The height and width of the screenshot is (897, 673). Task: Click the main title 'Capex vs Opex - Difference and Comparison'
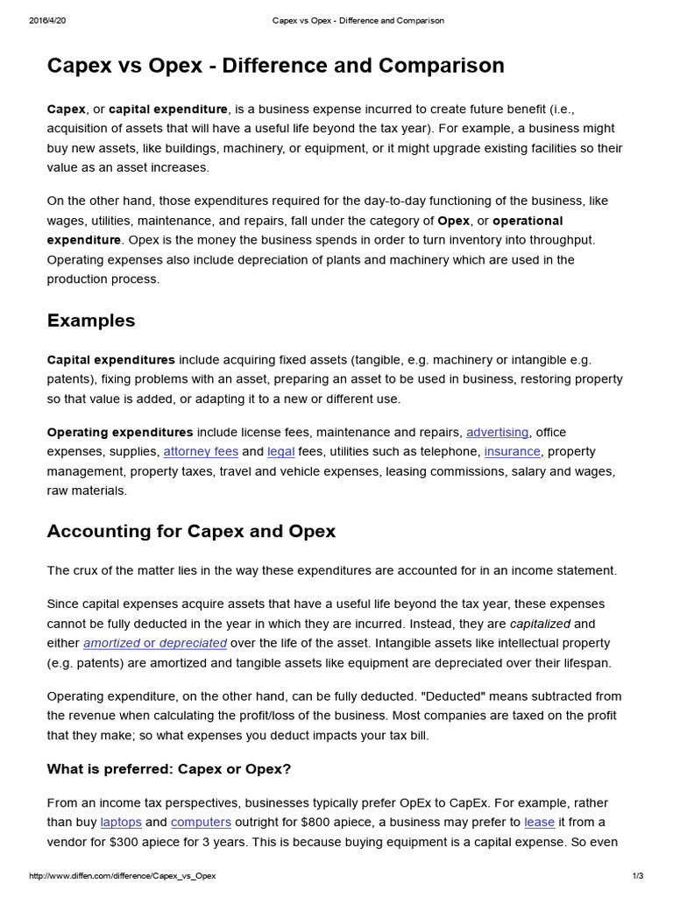point(275,66)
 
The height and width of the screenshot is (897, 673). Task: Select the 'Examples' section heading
point(91,321)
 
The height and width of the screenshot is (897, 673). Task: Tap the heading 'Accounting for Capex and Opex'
point(191,531)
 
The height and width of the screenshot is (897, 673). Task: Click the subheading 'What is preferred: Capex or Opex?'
point(168,769)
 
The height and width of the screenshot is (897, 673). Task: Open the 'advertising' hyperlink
point(497,432)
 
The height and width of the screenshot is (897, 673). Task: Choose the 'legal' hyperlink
point(280,452)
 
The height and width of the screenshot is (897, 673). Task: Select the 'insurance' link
point(513,452)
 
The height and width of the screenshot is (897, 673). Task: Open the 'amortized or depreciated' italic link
point(154,644)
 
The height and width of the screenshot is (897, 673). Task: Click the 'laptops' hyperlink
point(120,823)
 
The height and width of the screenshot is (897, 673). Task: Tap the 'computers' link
point(201,823)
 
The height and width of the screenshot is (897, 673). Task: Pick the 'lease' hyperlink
point(539,823)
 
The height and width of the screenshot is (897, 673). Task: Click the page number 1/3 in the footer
point(637,876)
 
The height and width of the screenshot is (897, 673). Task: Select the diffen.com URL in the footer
point(122,876)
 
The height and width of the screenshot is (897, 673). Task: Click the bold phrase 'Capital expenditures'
point(110,360)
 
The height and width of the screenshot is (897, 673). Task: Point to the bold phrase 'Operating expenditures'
point(119,432)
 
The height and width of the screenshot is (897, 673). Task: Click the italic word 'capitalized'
point(540,624)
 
